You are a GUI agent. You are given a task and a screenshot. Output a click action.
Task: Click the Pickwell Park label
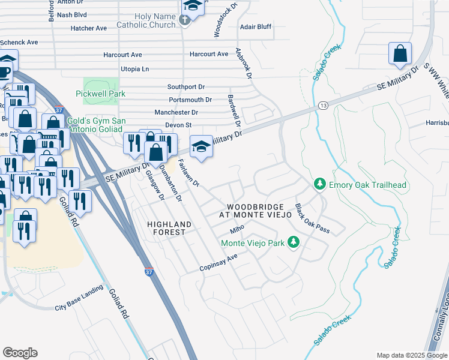coord(101,94)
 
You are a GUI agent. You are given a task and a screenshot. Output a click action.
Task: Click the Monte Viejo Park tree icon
coord(293,243)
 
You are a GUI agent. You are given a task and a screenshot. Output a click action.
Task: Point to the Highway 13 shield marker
coord(322,105)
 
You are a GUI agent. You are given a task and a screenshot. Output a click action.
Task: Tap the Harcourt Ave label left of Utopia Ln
coord(128,54)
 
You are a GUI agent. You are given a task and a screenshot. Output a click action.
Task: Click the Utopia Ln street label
coord(134,70)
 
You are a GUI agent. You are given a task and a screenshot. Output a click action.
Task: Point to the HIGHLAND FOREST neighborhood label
coord(169,229)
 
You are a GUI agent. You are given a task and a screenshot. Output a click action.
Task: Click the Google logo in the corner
coord(20,353)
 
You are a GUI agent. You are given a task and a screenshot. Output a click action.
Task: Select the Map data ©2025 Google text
coord(412,355)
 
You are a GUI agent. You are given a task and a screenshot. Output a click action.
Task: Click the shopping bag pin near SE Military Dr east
coord(400,54)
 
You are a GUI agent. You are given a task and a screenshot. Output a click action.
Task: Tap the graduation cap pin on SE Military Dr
coord(201,146)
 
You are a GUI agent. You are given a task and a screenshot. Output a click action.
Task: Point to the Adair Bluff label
coord(256,28)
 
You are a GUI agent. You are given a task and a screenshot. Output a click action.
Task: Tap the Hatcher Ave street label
coord(88,28)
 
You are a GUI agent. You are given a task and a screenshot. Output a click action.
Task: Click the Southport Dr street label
coord(186,87)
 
